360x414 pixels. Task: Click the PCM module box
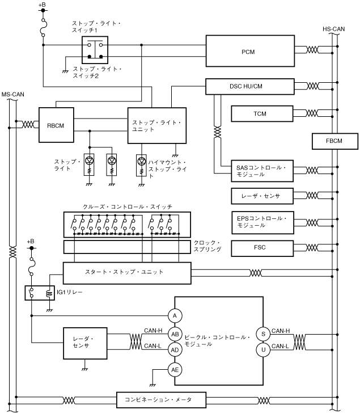[247, 50]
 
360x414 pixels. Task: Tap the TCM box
[260, 114]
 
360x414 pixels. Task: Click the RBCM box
[56, 124]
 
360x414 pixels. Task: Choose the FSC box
[260, 248]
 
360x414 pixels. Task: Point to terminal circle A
[175, 315]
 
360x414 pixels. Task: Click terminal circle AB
[175, 334]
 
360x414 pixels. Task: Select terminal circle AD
[175, 350]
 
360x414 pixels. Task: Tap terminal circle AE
[175, 370]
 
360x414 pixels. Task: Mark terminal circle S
[264, 333]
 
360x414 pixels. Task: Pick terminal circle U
[264, 350]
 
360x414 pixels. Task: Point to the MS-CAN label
[12, 94]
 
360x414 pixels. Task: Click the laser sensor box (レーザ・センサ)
[260, 196]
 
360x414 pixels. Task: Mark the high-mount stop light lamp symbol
[142, 161]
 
